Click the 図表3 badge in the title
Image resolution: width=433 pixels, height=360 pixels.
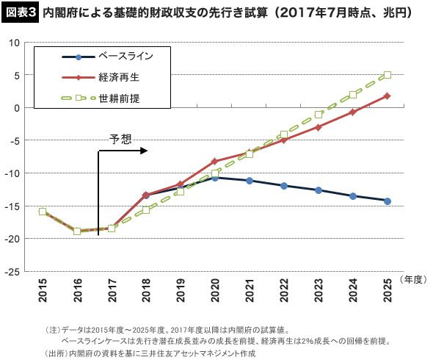tap(20, 13)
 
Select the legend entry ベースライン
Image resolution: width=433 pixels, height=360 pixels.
tap(108, 57)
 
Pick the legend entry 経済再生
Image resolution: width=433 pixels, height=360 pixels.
tap(101, 77)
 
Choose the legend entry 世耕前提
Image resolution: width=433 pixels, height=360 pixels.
tap(101, 98)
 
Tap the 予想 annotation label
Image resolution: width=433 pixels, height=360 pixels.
tap(120, 139)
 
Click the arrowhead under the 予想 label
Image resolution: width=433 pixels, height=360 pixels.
tap(144, 151)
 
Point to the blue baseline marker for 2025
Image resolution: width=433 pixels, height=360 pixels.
tap(387, 201)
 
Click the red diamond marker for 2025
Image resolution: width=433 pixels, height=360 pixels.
tap(387, 96)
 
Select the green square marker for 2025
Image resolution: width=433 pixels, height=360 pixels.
tap(387, 75)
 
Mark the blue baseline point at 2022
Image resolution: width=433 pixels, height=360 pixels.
tap(284, 186)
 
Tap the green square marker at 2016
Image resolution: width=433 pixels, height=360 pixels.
tap(77, 231)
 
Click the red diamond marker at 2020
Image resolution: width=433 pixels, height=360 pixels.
tap(215, 161)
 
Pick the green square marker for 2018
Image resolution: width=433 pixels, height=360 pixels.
tap(146, 210)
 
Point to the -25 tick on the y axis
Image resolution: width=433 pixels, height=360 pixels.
tap(12, 272)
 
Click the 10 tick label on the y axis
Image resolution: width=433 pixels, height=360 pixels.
tap(14, 43)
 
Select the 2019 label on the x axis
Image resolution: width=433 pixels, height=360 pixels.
tap(181, 290)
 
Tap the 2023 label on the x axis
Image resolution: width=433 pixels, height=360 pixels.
tap(319, 290)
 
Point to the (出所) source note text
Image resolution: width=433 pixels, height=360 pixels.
tap(150, 353)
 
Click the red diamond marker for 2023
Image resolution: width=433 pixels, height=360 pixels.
tap(319, 127)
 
